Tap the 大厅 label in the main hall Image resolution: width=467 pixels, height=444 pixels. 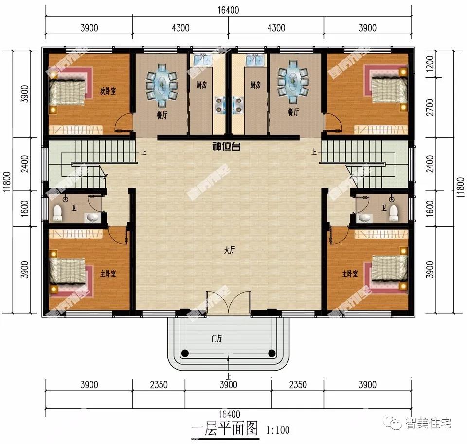coord(230,250)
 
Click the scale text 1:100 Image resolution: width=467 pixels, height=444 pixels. coord(278,430)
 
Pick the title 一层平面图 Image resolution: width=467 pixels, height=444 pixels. coord(224,429)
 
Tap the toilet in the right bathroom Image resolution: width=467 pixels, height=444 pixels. coord(394,212)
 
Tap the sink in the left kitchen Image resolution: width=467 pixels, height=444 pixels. coord(201,60)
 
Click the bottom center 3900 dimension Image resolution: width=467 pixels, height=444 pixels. coord(228,385)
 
